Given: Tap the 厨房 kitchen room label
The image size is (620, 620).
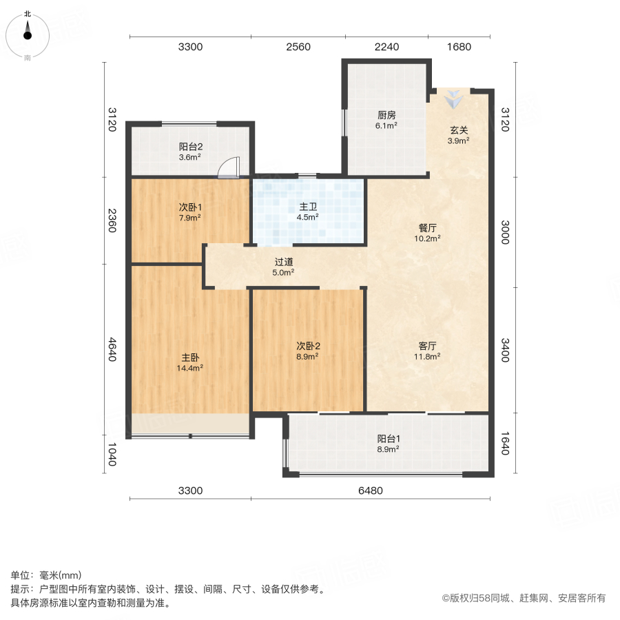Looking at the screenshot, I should coord(386,115).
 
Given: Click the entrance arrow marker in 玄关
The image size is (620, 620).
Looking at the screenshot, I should coord(453,101).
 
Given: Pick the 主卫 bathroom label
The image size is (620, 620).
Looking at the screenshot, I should coord(307,207).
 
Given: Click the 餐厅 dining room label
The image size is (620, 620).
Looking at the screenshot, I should coord(427,227).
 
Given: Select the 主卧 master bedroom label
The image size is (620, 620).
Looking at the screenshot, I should coord(190,358).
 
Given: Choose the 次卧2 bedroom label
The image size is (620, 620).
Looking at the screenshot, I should coord(307,347).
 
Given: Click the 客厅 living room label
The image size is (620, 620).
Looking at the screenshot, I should coord(427,346).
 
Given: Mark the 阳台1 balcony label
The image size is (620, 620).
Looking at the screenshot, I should coord(389,438).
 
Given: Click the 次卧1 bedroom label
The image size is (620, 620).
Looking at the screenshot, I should coord(190,207).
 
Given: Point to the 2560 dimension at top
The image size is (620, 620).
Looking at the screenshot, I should coord(298,48).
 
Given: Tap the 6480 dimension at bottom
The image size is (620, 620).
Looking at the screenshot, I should coord(370,490).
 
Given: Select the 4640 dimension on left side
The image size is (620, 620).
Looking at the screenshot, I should coord(113,349).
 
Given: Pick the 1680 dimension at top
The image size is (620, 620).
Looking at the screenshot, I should coord(459,48).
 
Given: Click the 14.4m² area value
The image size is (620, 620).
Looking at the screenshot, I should coord(190,368).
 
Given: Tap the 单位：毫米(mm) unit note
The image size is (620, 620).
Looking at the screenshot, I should coord(46,576).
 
